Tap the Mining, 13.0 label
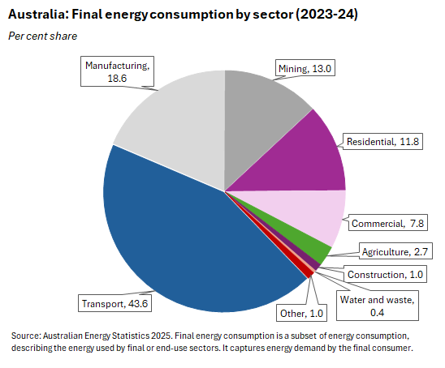tap(306, 68)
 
